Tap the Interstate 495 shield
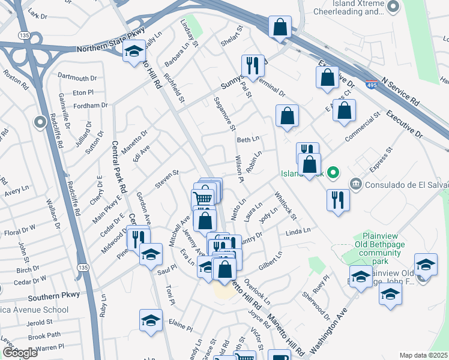tap(372, 85)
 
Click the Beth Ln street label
tap(247, 139)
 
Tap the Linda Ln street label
tap(298, 231)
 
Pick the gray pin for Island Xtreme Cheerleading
tap(394, 7)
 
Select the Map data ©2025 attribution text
tap(424, 355)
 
